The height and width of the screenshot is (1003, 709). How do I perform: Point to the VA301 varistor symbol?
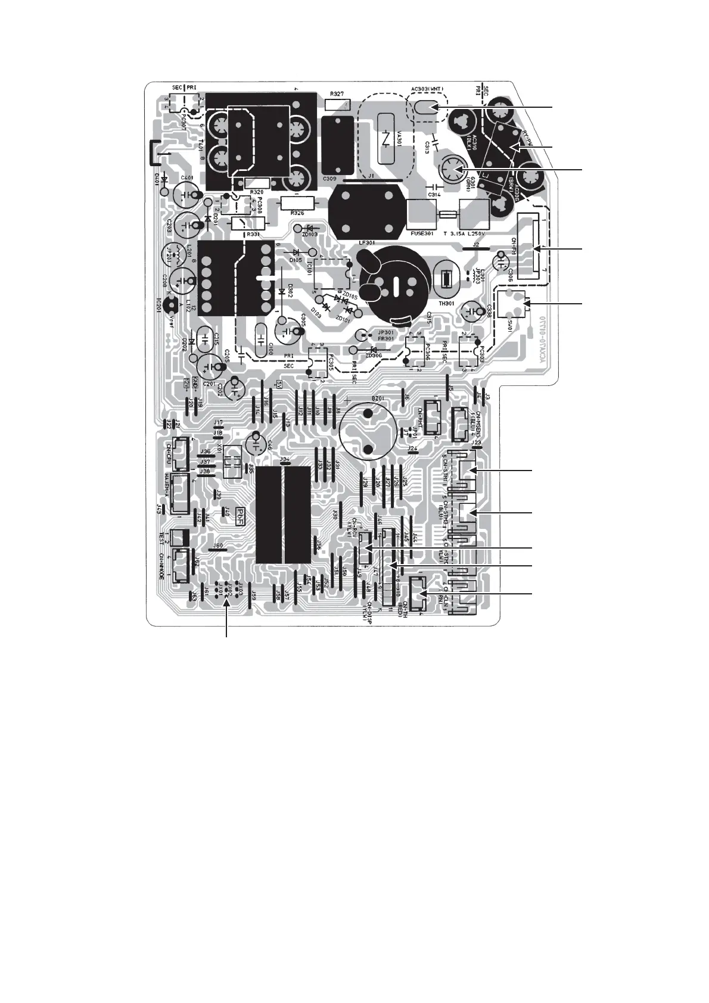[388, 138]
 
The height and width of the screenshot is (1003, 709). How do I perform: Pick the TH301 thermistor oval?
[446, 280]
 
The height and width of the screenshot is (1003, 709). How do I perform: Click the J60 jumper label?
[218, 545]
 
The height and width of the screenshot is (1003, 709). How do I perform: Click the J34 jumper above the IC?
[284, 459]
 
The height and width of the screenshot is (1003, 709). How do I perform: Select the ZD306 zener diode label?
[374, 356]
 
